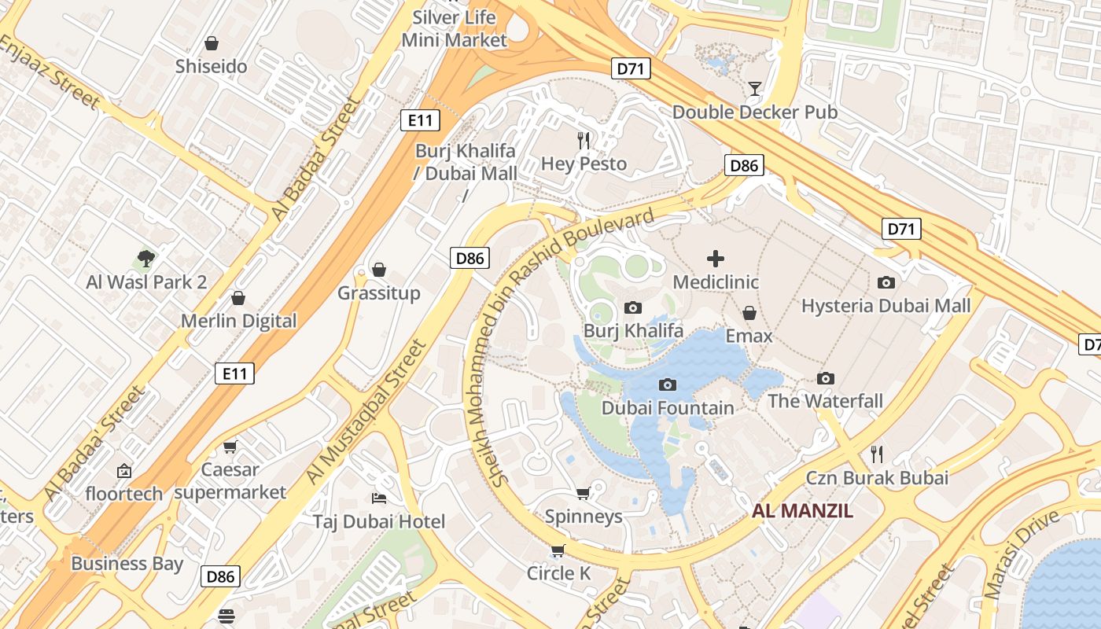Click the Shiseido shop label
point(211,67)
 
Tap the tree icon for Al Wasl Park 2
point(145,258)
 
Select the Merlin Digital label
point(238,321)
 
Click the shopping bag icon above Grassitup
point(379,270)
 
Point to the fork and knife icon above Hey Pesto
point(584,141)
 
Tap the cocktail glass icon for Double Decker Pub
point(755,88)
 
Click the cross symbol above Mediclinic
point(716,258)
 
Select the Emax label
point(749,337)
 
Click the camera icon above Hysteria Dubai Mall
point(886,282)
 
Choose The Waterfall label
point(825,401)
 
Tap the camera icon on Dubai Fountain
point(668,384)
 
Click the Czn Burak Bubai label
point(877,478)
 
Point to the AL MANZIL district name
point(802,511)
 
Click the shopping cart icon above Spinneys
point(583,493)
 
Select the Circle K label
point(558,574)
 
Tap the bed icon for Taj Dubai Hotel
point(378,498)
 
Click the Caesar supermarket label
point(230,481)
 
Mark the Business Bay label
point(127,564)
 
